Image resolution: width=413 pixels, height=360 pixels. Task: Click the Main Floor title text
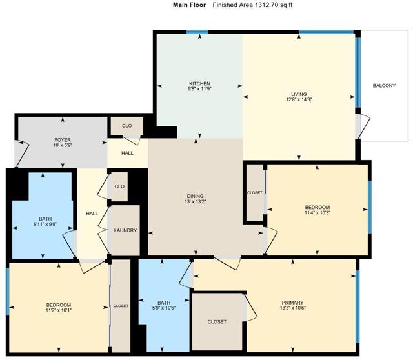pyautogui.click(x=189, y=5)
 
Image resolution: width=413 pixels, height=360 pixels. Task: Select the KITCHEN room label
pyautogui.click(x=199, y=84)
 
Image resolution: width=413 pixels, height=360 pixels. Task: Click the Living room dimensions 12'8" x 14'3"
pyautogui.click(x=297, y=101)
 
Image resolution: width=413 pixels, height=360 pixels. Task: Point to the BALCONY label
pyautogui.click(x=384, y=85)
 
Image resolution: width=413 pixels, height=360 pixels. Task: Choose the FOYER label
pyautogui.click(x=63, y=140)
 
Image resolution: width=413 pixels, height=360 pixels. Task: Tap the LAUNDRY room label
pyautogui.click(x=125, y=230)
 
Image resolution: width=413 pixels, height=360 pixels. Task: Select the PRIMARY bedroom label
pyautogui.click(x=292, y=303)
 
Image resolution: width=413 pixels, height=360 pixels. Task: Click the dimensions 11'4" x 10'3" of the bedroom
pyautogui.click(x=317, y=213)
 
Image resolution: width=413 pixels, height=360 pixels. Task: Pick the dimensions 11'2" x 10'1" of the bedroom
pyautogui.click(x=58, y=311)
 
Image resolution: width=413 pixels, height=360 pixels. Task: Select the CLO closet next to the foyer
pyautogui.click(x=127, y=126)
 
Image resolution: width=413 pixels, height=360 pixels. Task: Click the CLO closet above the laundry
pyautogui.click(x=119, y=186)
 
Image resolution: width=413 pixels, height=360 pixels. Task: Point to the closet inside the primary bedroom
pyautogui.click(x=217, y=321)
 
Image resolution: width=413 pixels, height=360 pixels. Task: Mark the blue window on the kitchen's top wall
pyautogui.click(x=197, y=32)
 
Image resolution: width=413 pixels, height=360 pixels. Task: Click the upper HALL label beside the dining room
pyautogui.click(x=127, y=153)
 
